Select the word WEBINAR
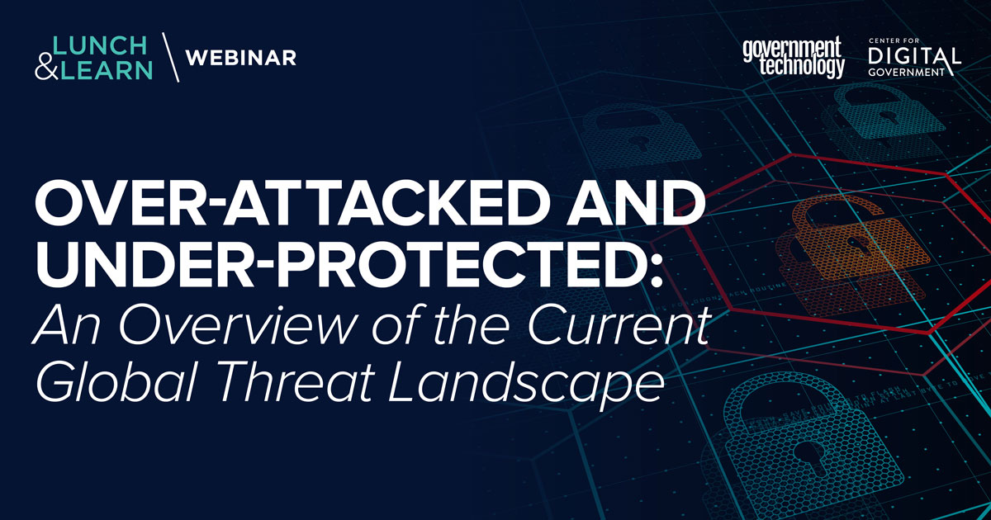click(241, 58)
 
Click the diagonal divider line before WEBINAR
click(170, 57)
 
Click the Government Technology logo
click(793, 57)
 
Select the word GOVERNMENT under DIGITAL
click(912, 73)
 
